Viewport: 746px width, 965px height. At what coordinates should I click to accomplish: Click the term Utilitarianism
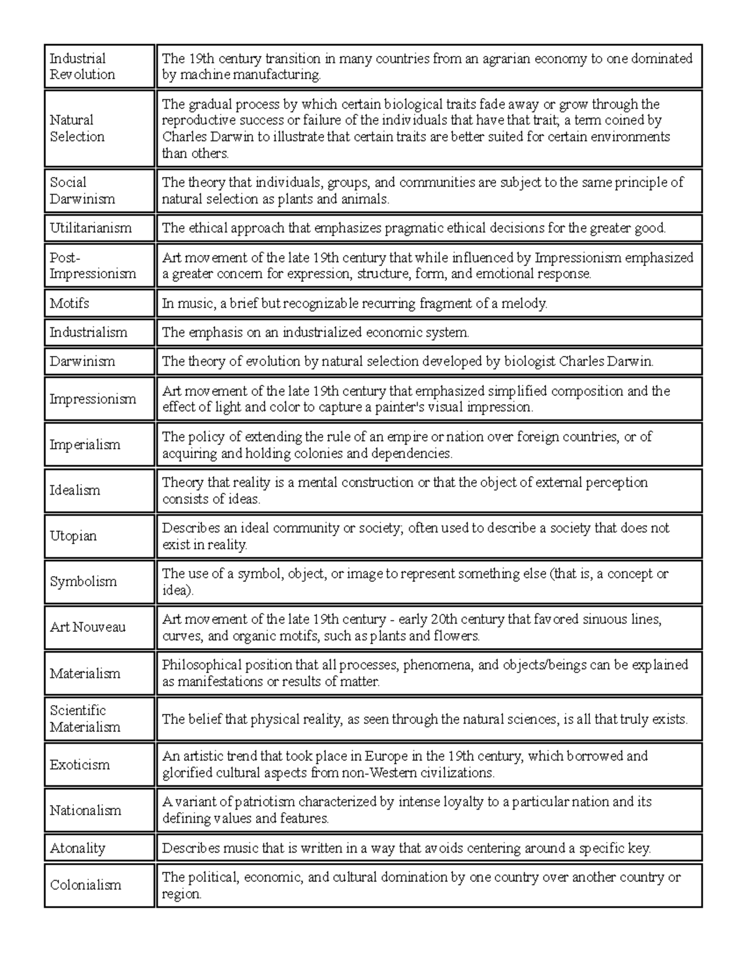point(91,228)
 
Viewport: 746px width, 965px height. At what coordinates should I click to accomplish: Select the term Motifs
point(70,303)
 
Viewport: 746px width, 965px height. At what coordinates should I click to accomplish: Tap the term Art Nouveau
point(88,627)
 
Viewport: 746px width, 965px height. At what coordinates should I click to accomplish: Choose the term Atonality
point(78,848)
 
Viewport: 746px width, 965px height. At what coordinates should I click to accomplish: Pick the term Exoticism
point(80,764)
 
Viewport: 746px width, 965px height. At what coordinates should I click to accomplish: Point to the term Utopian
point(73,536)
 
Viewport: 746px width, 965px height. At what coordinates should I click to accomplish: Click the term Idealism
point(75,490)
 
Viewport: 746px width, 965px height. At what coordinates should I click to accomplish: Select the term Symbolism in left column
point(83,582)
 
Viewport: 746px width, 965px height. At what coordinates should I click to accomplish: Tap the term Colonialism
point(85,885)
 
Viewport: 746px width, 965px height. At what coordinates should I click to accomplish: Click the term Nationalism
point(85,810)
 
